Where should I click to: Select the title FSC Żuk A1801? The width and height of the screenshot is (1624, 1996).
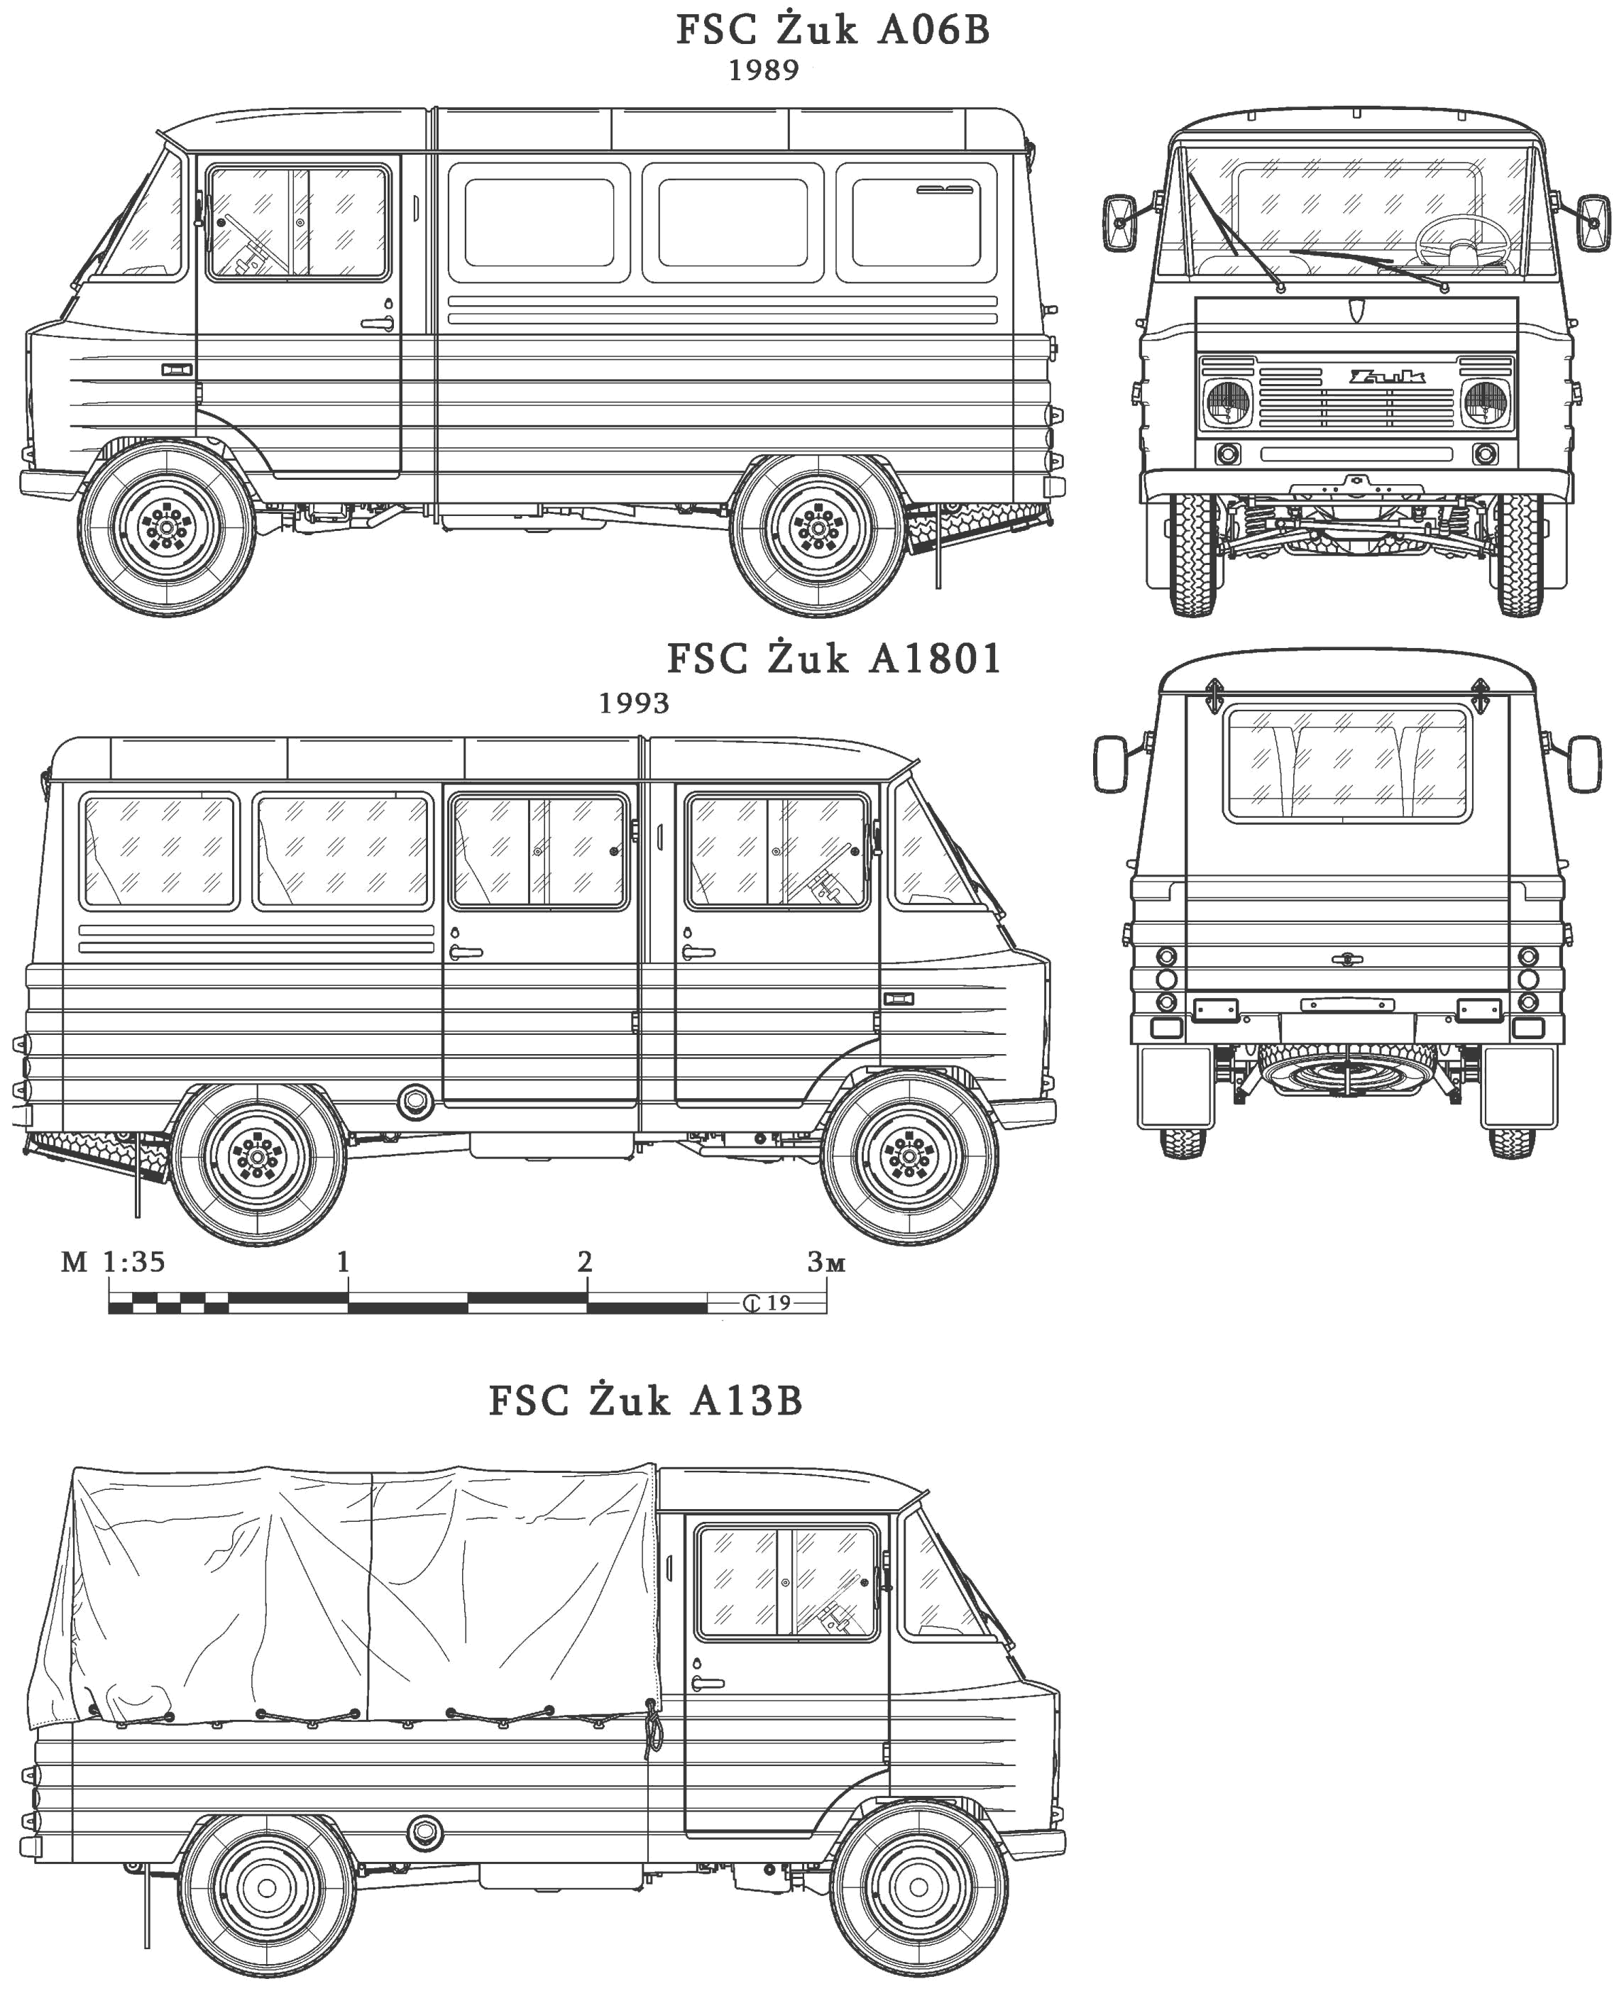tap(833, 659)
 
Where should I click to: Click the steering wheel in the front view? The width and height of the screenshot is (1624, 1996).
tap(1463, 241)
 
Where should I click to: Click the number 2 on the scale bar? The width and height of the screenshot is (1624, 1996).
tap(586, 1262)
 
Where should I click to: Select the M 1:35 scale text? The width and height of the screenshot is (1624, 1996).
tap(113, 1263)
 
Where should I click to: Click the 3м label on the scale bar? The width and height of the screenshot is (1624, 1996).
tap(826, 1263)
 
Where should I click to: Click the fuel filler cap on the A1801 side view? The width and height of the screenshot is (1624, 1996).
tap(414, 1101)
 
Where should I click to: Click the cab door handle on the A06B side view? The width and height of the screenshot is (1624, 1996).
tap(378, 323)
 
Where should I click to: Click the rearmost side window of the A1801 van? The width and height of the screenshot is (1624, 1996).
tap(158, 850)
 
